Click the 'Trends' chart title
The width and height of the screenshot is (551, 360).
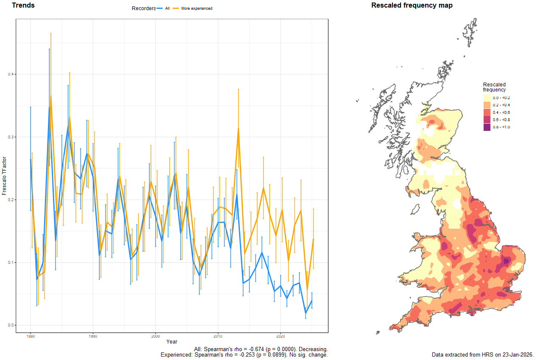click(23, 6)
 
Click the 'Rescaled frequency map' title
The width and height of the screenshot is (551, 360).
click(412, 6)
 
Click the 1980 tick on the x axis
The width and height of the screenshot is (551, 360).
click(30, 336)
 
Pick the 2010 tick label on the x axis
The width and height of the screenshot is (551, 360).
click(218, 336)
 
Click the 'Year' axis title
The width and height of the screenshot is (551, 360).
click(172, 342)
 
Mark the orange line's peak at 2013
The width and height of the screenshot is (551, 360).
click(238, 128)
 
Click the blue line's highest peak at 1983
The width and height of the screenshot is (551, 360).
click(49, 107)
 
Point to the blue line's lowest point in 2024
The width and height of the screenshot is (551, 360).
click(306, 313)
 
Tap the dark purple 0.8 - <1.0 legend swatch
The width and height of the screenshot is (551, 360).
click(487, 127)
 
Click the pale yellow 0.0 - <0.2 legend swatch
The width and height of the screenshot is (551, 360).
click(487, 98)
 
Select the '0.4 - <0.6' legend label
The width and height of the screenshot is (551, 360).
click(501, 113)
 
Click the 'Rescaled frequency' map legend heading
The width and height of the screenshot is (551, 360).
click(494, 87)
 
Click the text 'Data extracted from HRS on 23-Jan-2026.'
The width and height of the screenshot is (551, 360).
click(482, 354)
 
